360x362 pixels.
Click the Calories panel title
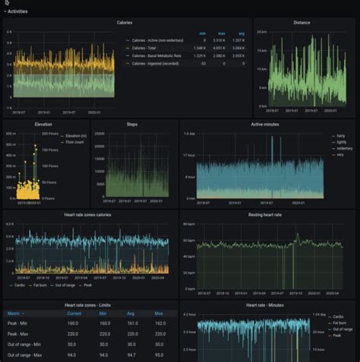(x=125, y=23)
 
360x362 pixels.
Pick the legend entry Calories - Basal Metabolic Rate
(x=159, y=56)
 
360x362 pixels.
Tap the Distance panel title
(x=302, y=23)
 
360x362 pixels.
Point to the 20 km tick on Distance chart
(x=261, y=32)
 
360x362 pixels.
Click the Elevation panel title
(x=43, y=123)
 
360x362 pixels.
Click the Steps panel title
(x=132, y=123)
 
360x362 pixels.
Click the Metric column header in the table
(x=15, y=313)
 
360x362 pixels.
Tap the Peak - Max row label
(x=18, y=333)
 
